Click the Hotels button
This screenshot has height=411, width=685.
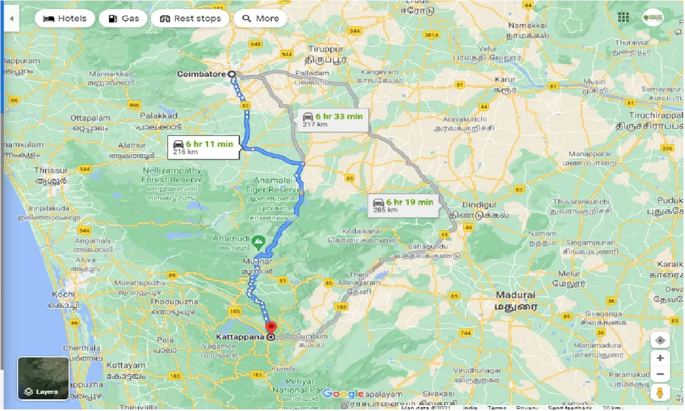point(64,18)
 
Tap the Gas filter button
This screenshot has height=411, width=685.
point(124,18)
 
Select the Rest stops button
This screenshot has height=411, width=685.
point(190,18)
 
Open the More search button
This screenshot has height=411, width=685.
point(261,18)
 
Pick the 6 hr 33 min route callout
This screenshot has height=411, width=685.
point(332,120)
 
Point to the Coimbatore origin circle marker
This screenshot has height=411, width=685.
point(232,74)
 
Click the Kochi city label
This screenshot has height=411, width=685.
point(64,295)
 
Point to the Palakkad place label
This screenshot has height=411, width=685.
point(158,116)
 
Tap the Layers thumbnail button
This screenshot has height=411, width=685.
point(43,378)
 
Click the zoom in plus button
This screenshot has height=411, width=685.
point(660,358)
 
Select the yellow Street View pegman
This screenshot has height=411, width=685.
point(660,392)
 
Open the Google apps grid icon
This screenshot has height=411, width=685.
point(623,18)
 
